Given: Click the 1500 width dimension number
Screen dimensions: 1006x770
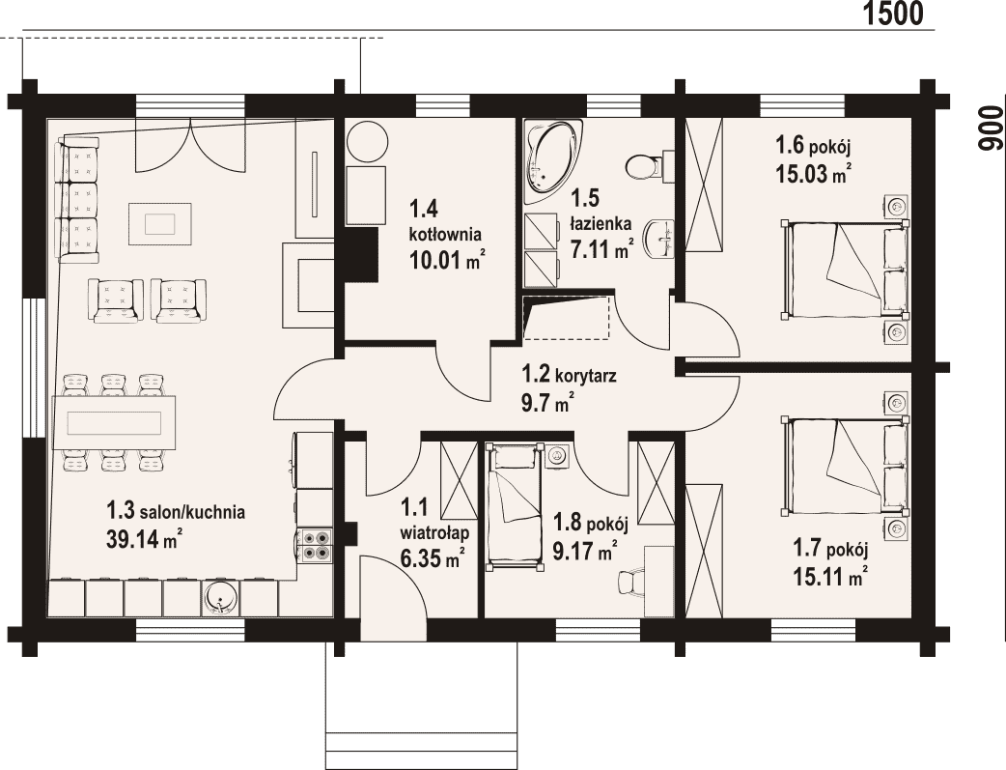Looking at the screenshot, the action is [892, 14].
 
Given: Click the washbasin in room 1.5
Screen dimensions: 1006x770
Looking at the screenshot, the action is [658, 239].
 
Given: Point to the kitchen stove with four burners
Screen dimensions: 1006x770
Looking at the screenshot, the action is [316, 545].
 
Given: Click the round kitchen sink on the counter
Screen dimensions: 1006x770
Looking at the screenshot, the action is [221, 598].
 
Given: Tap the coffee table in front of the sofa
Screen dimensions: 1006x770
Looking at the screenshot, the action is [159, 223].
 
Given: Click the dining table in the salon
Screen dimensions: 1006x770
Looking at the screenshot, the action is [114, 423].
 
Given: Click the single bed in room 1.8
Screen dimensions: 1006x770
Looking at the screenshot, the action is [514, 505].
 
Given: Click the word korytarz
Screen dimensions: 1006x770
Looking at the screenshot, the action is [586, 375].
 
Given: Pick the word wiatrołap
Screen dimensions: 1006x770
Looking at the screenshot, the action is [434, 533].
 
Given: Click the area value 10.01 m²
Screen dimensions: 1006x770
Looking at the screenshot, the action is [447, 261].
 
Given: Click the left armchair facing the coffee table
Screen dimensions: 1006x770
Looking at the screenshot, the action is [116, 299].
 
